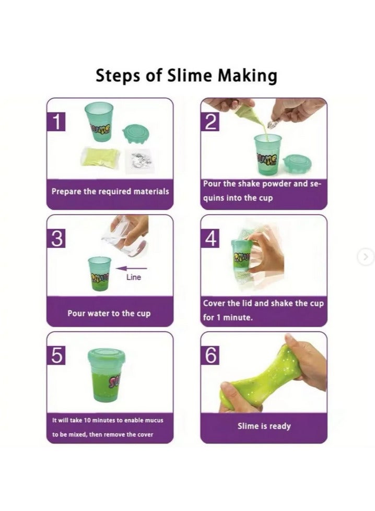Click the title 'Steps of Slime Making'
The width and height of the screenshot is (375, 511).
186,76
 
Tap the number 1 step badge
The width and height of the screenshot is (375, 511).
58,122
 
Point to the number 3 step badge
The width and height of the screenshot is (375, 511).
58,239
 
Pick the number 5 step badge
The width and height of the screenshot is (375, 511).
58,355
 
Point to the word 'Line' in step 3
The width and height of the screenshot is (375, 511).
134,277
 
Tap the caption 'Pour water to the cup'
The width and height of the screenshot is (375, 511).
109,314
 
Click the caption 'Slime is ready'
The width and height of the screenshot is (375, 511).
264,426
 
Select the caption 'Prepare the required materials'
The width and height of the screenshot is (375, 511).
110,191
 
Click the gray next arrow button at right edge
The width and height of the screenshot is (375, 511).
366,256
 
